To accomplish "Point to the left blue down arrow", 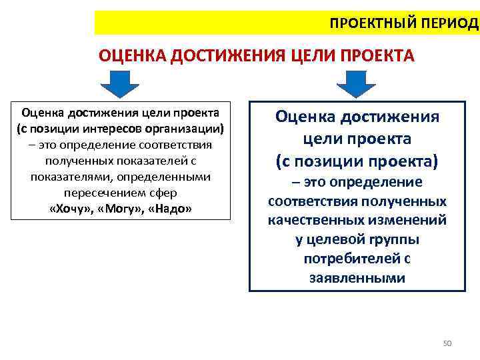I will coord(119,85).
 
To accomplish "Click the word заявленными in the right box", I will coord(357,278).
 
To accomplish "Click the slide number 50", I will coord(447,343).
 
